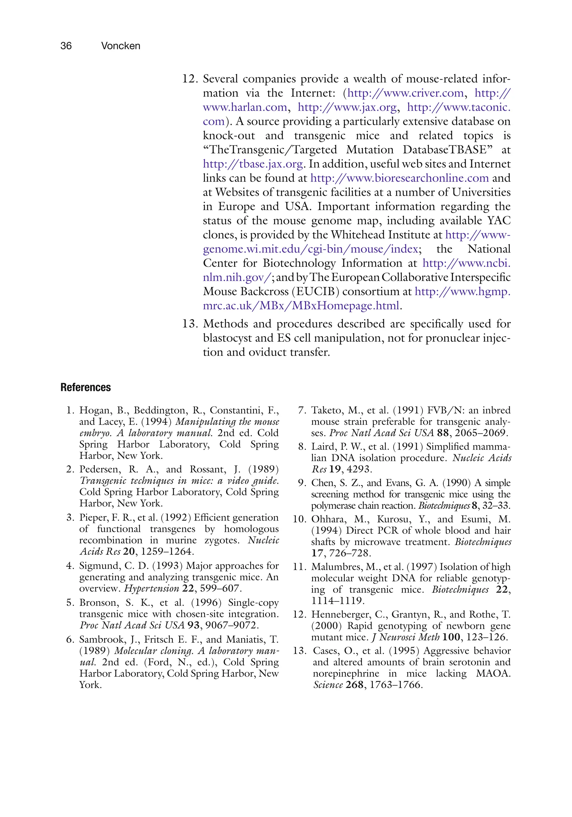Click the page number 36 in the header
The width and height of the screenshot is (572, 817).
tap(66, 46)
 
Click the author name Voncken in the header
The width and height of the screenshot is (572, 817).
tap(121, 46)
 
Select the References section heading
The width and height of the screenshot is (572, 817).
tap(85, 387)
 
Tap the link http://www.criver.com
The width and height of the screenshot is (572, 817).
tap(406, 93)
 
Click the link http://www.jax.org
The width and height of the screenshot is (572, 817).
tap(347, 107)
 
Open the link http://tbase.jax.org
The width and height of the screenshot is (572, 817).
tap(253, 164)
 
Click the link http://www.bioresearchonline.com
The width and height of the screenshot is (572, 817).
tap(399, 178)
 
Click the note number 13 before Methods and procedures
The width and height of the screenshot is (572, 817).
tap(190, 324)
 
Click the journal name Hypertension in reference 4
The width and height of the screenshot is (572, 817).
tap(151, 588)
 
